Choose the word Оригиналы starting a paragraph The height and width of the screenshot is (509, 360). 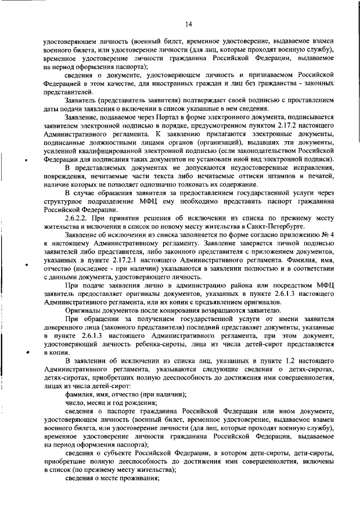pyautogui.click(x=84, y=310)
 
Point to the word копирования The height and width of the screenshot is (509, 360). pyautogui.click(x=170, y=310)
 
